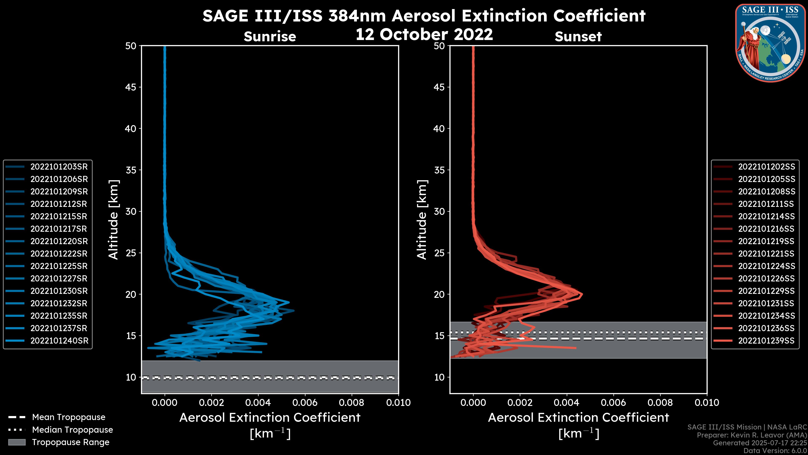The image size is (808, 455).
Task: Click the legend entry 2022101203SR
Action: (x=59, y=167)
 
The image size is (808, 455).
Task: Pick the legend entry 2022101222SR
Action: (x=59, y=254)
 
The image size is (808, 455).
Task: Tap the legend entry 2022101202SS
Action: (x=767, y=167)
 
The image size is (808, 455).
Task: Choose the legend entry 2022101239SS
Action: (x=766, y=341)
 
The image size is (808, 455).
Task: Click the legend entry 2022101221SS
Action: (x=766, y=254)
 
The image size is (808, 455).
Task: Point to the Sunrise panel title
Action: (x=270, y=36)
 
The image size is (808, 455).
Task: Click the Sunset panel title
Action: (x=578, y=36)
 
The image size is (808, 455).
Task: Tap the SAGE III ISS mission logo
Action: (x=771, y=43)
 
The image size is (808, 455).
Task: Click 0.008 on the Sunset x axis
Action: (x=660, y=403)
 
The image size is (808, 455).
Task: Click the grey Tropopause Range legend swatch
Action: (x=17, y=442)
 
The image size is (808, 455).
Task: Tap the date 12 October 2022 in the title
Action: (x=424, y=34)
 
